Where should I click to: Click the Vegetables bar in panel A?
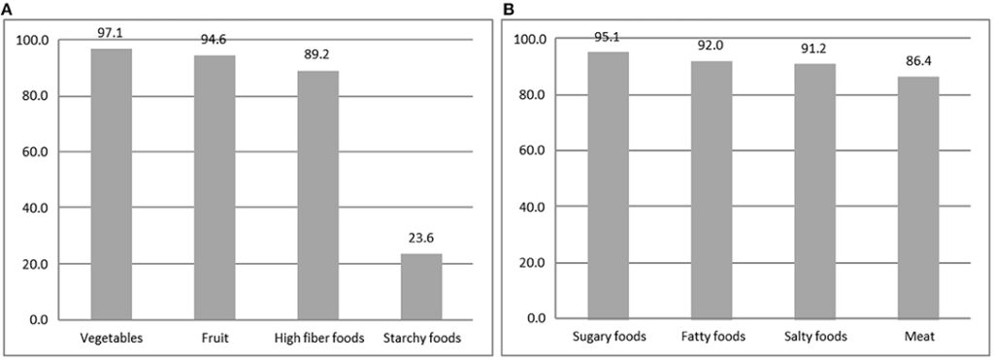coord(112,183)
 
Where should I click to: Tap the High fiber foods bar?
coord(318,194)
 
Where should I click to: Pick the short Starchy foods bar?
coord(422,286)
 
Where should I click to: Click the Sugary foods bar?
coord(608,185)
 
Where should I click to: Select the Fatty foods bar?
coord(712,189)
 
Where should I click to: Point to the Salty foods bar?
coord(815,190)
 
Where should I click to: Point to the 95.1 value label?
coord(608,37)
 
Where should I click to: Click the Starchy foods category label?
coord(422,338)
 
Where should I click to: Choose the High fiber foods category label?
coord(318,338)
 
